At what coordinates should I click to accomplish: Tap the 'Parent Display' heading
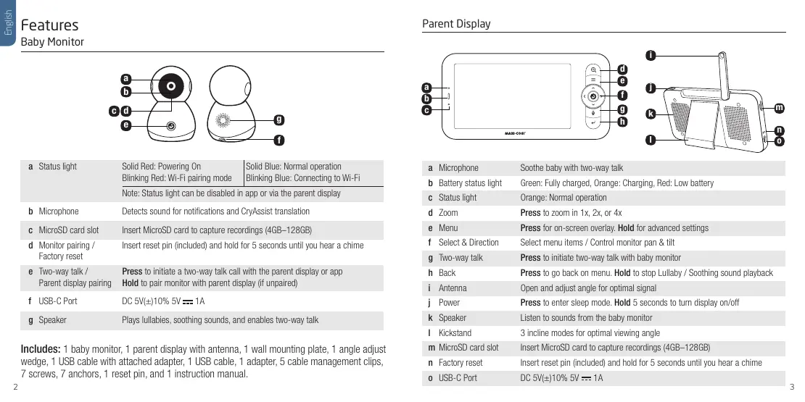click(456, 24)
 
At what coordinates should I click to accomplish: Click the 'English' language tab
click(8, 23)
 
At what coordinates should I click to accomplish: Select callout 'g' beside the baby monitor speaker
click(278, 118)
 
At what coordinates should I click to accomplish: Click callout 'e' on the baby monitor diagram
click(126, 125)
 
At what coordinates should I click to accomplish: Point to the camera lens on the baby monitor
click(170, 85)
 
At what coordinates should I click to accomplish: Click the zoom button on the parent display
click(593, 70)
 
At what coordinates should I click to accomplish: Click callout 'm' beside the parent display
click(779, 108)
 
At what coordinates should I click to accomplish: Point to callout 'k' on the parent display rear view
click(651, 114)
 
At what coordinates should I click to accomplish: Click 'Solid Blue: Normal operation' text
click(294, 167)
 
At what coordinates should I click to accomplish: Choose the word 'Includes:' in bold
click(41, 351)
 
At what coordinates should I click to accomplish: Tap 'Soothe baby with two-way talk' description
click(571, 168)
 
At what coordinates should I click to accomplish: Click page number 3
click(793, 387)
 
